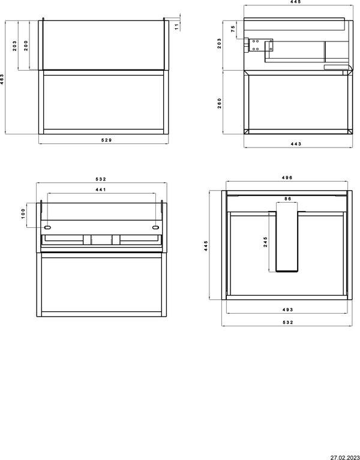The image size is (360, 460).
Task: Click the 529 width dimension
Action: tap(107, 140)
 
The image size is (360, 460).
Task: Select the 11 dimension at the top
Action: tap(176, 27)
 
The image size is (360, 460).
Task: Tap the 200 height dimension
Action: tap(26, 46)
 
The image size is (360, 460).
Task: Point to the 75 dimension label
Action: tap(233, 29)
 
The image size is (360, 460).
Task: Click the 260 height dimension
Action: tap(220, 103)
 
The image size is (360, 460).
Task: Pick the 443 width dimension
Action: tap(296, 144)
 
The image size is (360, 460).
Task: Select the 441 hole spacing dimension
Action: tap(101, 190)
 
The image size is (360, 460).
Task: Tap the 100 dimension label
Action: tap(23, 214)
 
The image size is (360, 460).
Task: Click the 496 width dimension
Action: tap(287, 178)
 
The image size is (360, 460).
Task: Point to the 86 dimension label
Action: tap(288, 199)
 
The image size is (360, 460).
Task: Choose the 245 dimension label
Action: tap(265, 242)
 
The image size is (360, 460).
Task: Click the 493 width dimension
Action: tap(288, 309)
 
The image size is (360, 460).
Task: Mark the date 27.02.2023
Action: tap(345, 458)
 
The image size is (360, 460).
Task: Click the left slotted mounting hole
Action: tap(47, 227)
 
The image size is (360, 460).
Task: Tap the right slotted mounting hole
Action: tap(156, 227)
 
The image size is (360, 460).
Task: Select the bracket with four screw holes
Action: tap(255, 44)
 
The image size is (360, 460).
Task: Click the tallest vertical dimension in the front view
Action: tap(2, 79)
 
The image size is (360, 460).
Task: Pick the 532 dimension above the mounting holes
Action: tap(101, 179)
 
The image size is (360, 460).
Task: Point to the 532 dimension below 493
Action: tap(288, 322)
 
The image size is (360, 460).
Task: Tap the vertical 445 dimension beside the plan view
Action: tap(206, 245)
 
